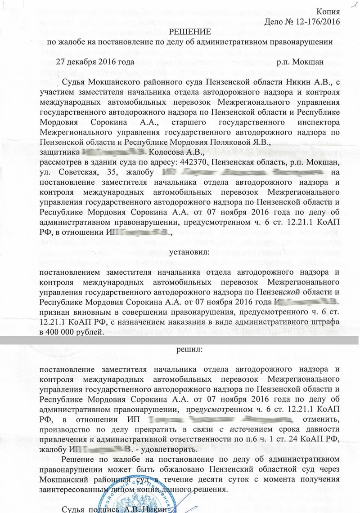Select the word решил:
tap(189, 349)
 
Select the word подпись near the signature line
tap(107, 509)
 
